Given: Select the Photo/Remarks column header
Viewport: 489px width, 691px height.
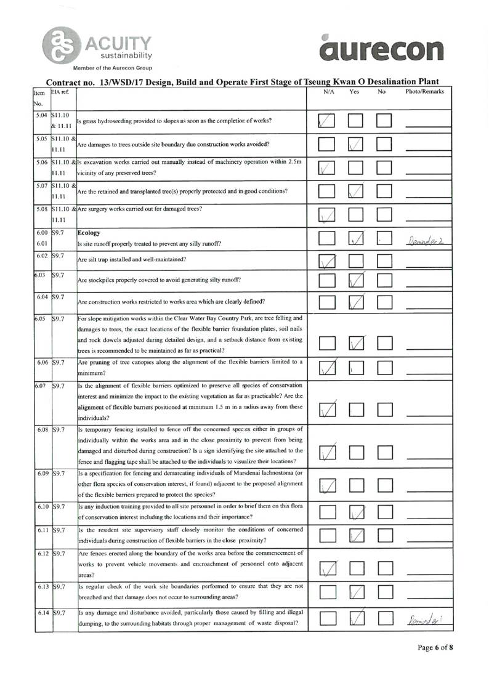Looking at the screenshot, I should (426, 92).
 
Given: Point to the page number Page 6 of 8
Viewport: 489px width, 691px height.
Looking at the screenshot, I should (435, 664).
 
